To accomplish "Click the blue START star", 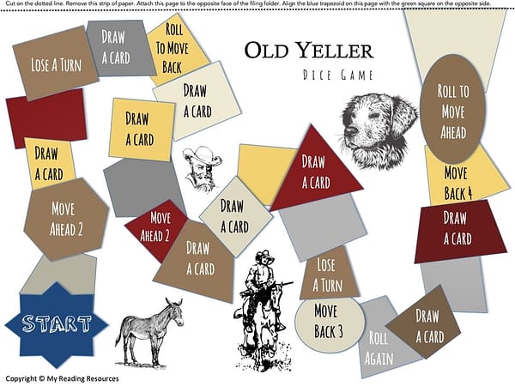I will [57, 323].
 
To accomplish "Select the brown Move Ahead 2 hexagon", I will [68, 218].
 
